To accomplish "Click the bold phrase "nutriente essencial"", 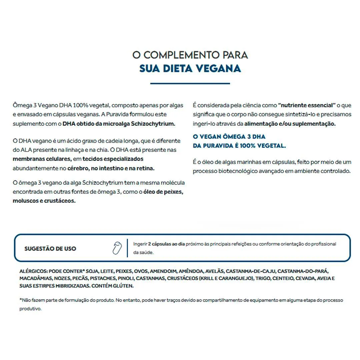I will (x=307, y=105).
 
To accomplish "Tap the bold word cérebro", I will (x=78, y=168).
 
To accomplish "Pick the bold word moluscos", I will (x=26, y=201).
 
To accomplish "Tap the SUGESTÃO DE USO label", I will (x=50, y=249).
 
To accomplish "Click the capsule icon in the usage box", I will (x=117, y=248).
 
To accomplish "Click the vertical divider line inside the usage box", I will (x=127, y=248).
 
